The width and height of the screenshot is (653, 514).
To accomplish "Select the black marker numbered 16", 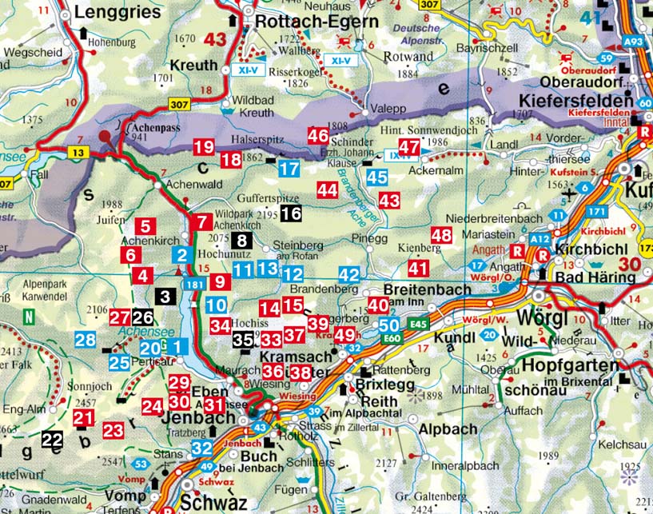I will pyautogui.click(x=291, y=213).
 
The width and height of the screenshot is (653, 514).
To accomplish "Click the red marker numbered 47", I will pyautogui.click(x=408, y=147).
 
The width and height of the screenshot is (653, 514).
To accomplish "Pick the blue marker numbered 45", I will pyautogui.click(x=376, y=177).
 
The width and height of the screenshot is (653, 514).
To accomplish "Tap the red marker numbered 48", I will pyautogui.click(x=440, y=235).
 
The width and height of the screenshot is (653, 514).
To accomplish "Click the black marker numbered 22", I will pyautogui.click(x=52, y=439).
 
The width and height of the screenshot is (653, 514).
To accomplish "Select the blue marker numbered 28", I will pyautogui.click(x=86, y=340).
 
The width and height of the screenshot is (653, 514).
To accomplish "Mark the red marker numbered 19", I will pyautogui.click(x=204, y=146).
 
